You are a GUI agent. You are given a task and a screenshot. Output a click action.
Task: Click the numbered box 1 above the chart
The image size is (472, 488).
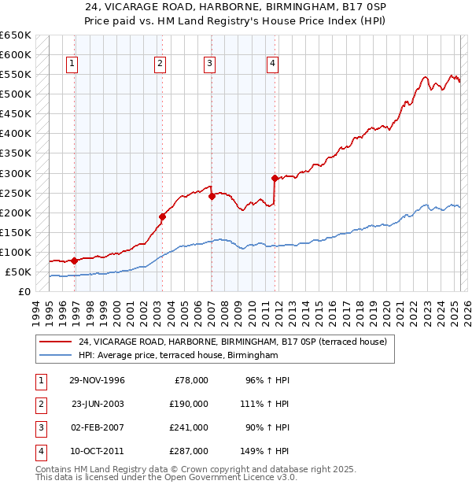coord(72,64)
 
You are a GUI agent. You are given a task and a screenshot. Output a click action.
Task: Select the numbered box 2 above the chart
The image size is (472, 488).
coord(160,64)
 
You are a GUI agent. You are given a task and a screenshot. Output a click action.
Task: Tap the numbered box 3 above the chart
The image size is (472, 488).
coord(210,64)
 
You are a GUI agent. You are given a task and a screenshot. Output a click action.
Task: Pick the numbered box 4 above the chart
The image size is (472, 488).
coord(271,64)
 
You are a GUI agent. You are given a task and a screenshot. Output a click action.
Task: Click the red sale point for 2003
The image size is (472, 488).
coord(162,216)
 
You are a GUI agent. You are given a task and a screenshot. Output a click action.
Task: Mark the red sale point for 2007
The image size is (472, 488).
coord(212,197)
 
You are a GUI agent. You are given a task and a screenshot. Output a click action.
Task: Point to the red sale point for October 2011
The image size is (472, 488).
coord(275,178)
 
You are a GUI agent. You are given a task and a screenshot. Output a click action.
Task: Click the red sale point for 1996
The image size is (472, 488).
coord(74,261)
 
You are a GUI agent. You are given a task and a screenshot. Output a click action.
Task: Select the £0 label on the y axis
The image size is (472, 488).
coord(24,292)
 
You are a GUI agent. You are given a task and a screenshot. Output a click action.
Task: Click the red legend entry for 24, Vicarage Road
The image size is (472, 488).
coord(232,342)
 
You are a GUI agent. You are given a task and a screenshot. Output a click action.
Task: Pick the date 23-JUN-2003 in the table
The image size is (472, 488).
coord(98,404)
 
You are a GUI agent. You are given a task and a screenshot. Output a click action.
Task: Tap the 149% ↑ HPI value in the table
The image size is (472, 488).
coord(265,451)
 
